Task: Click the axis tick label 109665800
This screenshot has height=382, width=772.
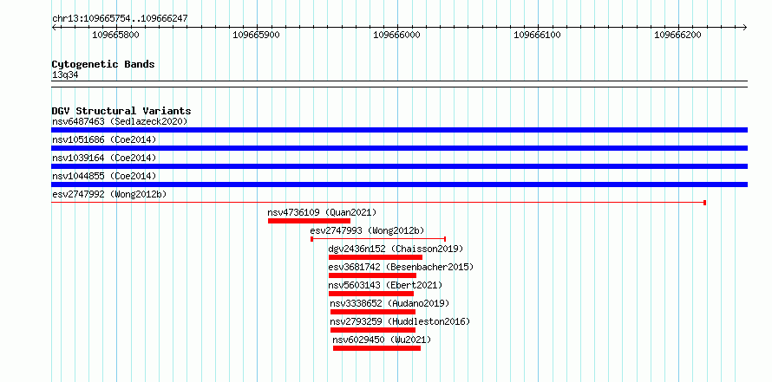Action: tap(115, 35)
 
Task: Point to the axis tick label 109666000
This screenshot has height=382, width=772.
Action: tap(396, 35)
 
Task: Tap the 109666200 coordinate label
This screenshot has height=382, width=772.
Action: tap(677, 35)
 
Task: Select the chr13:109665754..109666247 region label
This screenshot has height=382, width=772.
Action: tap(120, 19)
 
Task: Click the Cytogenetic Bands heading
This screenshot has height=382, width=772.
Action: tap(103, 64)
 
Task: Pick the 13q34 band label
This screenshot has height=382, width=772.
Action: tap(65, 75)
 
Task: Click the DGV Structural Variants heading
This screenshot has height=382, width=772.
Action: tap(121, 111)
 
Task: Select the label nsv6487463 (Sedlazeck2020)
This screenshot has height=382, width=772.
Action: tap(120, 121)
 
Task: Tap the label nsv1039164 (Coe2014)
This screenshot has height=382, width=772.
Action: tap(104, 158)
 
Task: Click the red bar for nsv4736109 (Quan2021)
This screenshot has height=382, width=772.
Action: tap(309, 221)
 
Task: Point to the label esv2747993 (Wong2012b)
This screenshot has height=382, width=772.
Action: tap(367, 230)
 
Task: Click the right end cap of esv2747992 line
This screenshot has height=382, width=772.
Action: tap(705, 203)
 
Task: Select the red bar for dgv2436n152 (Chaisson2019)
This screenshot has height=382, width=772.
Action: tap(376, 257)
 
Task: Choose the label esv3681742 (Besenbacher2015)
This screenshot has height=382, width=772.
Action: tap(401, 267)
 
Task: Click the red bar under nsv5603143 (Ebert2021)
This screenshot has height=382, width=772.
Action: tap(371, 294)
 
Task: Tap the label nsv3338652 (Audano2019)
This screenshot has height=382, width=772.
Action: tap(389, 303)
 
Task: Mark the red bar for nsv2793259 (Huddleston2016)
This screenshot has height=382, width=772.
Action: tap(373, 330)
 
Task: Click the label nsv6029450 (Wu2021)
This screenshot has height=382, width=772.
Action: tap(382, 340)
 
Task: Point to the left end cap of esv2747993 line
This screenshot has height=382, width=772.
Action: tap(311, 239)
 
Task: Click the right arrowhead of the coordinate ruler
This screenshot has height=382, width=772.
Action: tap(745, 28)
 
